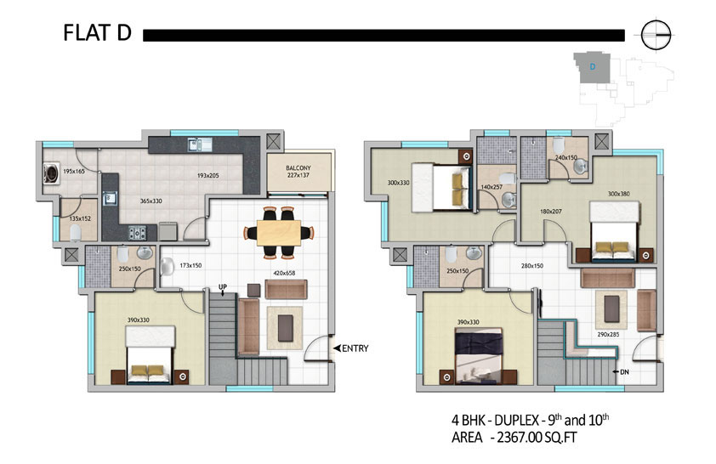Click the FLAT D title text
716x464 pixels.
(x=97, y=33)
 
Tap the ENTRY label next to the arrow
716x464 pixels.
(x=355, y=348)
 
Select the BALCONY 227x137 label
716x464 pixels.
(x=298, y=172)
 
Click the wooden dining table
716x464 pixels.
(x=279, y=233)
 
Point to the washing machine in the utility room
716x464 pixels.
(x=51, y=173)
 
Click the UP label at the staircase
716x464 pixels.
(x=223, y=287)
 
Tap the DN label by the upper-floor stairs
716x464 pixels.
(x=624, y=372)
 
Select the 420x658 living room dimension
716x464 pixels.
(x=284, y=274)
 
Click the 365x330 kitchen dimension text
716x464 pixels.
(x=151, y=201)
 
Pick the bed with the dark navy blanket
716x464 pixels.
(x=479, y=357)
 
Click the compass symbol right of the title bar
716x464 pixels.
(x=656, y=35)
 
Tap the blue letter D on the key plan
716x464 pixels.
(x=592, y=66)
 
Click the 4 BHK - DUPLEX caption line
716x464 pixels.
(x=530, y=419)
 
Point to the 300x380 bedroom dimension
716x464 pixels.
(x=619, y=194)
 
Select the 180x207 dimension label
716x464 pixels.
(x=551, y=212)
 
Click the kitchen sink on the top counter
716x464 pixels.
(x=200, y=144)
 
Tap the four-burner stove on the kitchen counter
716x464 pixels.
(x=137, y=233)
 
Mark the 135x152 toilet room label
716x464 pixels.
(x=80, y=218)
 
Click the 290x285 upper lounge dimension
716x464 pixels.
(x=608, y=335)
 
